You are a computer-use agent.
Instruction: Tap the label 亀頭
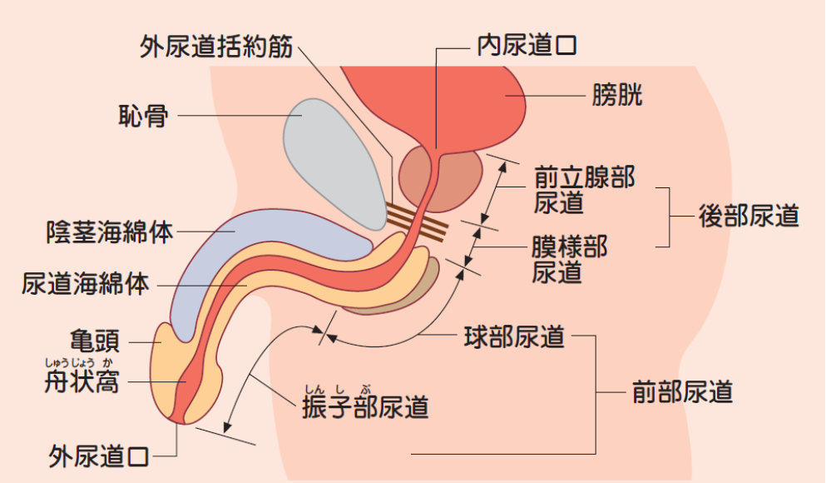[95, 341]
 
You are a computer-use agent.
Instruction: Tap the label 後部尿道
[749, 217]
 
